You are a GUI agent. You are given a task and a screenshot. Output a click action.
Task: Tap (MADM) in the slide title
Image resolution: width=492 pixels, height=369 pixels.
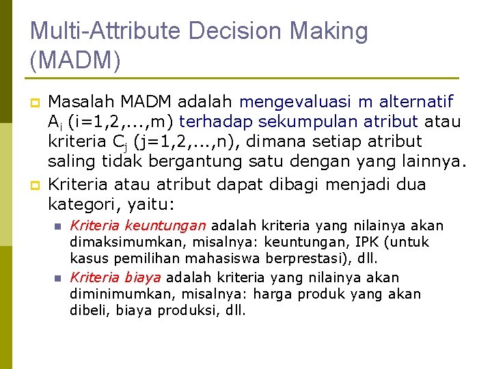pos(75,61)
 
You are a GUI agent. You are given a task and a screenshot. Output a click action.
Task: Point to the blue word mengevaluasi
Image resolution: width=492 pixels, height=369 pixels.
pos(297,102)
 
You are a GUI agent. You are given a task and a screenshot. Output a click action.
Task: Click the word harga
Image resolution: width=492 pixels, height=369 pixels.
pos(274,294)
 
